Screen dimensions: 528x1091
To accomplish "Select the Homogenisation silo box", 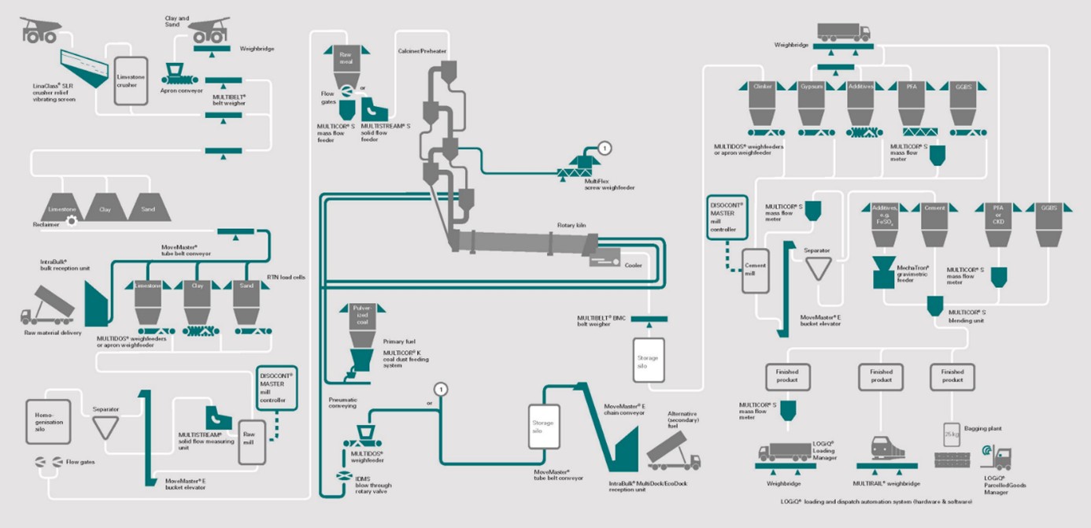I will coord(48,421).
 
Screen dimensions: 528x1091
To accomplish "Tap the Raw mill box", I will coord(252,441).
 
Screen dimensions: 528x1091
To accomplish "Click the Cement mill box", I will coord(756,271).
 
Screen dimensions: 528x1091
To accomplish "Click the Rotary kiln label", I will coord(572,225).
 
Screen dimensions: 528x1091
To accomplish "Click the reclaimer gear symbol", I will coord(72,222).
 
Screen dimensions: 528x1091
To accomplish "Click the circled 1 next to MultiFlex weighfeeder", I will coord(605,147).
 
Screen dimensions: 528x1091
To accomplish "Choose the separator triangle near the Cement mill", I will coord(819,268).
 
